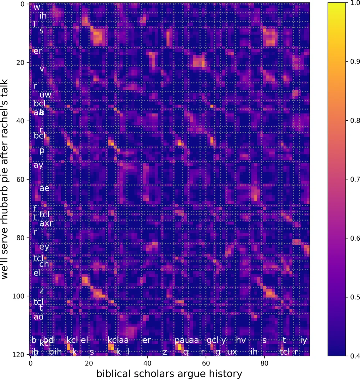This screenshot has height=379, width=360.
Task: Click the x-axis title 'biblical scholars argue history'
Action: click(169, 374)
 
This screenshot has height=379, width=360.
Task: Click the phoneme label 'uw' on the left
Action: click(45, 94)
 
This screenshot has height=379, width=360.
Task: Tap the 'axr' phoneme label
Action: click(46, 223)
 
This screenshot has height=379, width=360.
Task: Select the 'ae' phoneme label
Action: click(44, 188)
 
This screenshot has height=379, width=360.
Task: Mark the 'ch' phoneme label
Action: click(44, 264)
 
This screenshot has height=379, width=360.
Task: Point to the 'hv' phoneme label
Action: click(241, 340)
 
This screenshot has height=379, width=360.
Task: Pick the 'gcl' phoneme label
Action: click(212, 340)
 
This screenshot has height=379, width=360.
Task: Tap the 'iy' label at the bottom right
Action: click(303, 340)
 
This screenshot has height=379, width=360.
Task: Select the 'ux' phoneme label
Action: click(232, 352)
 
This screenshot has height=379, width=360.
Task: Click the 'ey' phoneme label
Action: click(44, 247)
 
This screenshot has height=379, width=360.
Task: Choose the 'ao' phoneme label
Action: click(38, 316)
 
